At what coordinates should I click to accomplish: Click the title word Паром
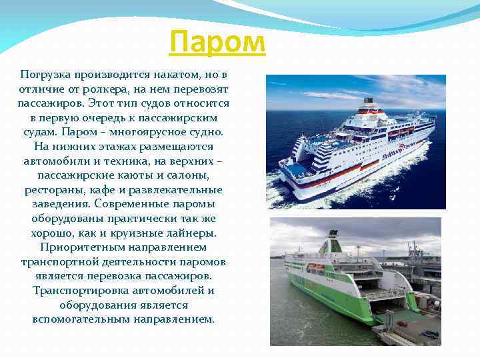(x=217, y=43)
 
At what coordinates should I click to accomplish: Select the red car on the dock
(x=402, y=323)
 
